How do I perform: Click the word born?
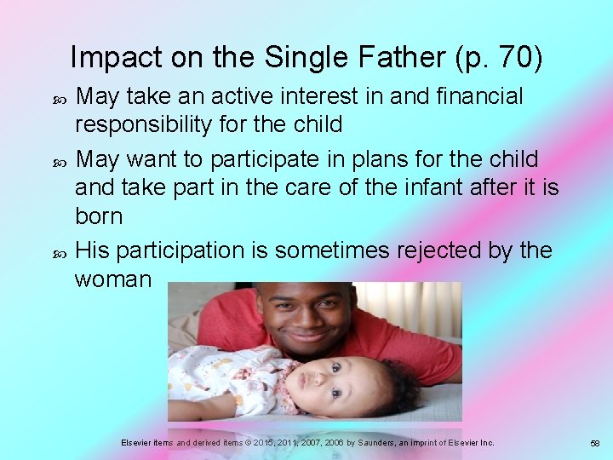coord(99,216)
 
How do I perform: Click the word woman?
coord(112,279)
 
